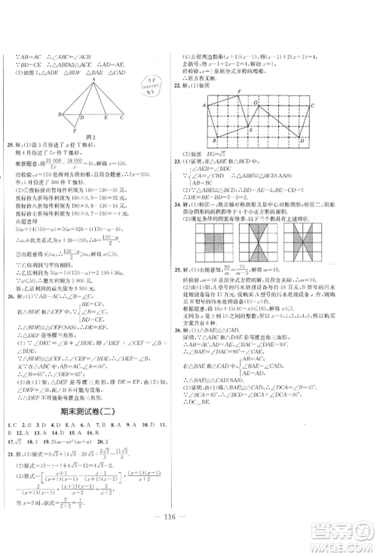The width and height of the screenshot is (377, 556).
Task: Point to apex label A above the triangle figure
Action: (x=94, y=79)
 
